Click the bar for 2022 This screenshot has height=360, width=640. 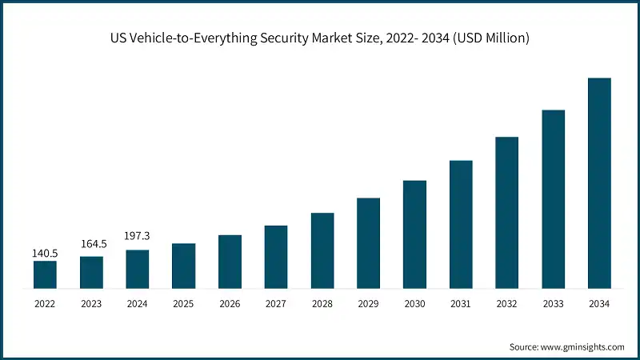point(45,274)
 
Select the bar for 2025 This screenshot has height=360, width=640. point(183,265)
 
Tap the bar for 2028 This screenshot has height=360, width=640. point(322,250)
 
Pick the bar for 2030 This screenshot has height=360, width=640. point(414,234)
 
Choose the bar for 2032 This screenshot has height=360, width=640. point(506,212)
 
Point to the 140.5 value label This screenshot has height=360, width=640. point(45,254)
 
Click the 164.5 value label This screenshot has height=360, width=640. point(91,244)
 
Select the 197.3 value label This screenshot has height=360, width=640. point(138,237)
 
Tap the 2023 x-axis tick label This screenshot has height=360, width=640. point(91,303)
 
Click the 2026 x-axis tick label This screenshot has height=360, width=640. point(230,303)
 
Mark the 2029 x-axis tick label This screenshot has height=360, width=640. point(368,303)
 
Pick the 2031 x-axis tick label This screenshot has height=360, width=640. point(461,303)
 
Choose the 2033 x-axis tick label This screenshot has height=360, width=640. point(553,303)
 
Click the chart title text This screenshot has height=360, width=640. point(320,38)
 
